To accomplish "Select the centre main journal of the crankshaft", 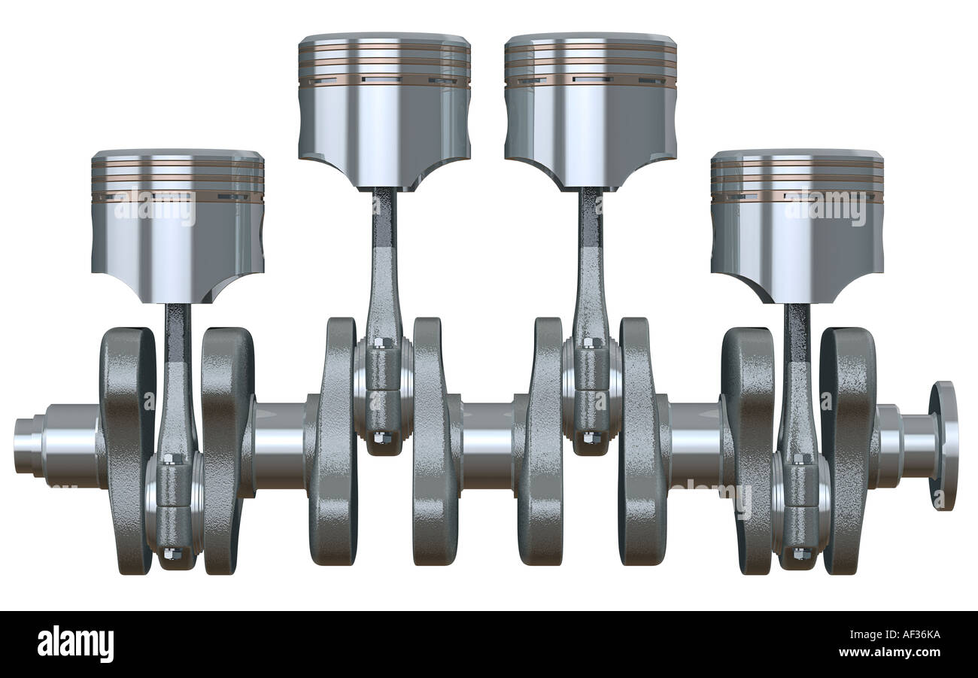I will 487,445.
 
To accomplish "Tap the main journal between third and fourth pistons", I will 694,445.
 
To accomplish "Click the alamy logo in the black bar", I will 75,645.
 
